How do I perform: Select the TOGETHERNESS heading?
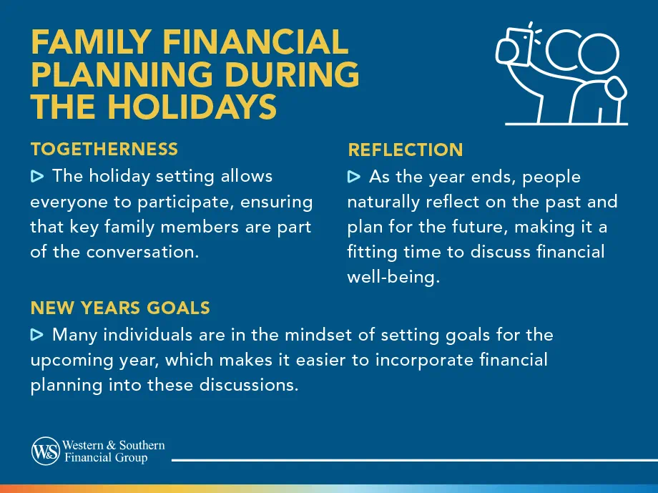[104, 149]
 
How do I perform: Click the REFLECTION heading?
[405, 150]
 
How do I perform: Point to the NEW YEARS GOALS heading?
[120, 308]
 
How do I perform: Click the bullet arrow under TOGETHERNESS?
[37, 176]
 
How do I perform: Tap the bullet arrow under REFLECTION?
[354, 177]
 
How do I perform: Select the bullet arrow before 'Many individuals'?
[37, 335]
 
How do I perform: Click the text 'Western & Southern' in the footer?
[114, 445]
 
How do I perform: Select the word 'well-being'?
[392, 277]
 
